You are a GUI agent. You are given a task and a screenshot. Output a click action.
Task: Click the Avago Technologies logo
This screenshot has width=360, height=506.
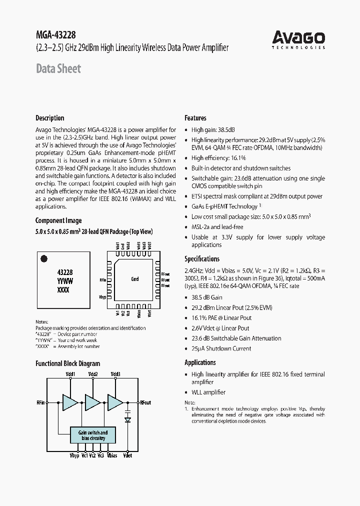pos(298,39)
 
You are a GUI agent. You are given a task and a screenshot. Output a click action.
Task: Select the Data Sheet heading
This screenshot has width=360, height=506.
pos(58,69)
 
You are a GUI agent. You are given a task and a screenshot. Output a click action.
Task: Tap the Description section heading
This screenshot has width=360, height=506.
pos(49,118)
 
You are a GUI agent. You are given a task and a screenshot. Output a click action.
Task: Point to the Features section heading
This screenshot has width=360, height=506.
pos(195,118)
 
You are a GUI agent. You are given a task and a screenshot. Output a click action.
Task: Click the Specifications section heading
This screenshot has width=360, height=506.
pos(202,259)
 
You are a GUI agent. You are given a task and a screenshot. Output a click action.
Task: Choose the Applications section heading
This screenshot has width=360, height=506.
pos(200,362)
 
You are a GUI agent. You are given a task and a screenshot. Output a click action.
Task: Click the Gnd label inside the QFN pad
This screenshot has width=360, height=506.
pos(134,279)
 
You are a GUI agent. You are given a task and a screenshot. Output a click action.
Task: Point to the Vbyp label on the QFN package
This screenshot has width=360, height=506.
pos(103,297)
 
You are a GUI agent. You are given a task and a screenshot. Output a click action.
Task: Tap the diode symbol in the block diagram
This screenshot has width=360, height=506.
pos(127,420)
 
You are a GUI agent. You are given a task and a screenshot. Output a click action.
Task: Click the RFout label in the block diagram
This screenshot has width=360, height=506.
pos(145,402)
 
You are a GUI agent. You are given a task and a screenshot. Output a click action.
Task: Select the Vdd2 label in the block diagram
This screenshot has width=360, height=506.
pos(92,374)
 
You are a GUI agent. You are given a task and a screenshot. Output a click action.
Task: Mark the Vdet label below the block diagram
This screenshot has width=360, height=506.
pos(127,456)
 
